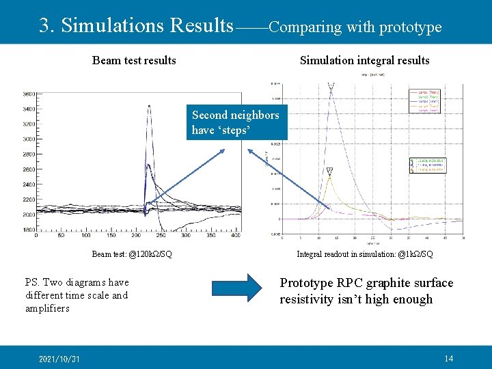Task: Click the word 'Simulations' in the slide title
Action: click(x=112, y=25)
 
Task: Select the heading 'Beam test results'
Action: click(x=134, y=60)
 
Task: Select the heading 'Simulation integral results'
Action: click(x=364, y=60)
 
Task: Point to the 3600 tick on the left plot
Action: click(x=29, y=94)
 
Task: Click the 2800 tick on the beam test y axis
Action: click(x=29, y=154)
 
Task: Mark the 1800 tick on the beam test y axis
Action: click(x=29, y=230)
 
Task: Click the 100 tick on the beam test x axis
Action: click(x=86, y=236)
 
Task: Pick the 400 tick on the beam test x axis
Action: click(x=235, y=236)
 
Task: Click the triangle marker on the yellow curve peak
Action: click(x=329, y=171)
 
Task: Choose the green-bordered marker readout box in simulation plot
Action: click(x=428, y=165)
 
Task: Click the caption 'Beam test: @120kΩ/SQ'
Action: click(x=132, y=254)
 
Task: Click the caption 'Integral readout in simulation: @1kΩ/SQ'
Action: click(x=364, y=254)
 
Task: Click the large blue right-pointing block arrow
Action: click(x=236, y=288)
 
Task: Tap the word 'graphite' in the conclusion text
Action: click(x=389, y=283)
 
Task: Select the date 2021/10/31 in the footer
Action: click(x=59, y=359)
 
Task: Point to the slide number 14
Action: click(x=448, y=359)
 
